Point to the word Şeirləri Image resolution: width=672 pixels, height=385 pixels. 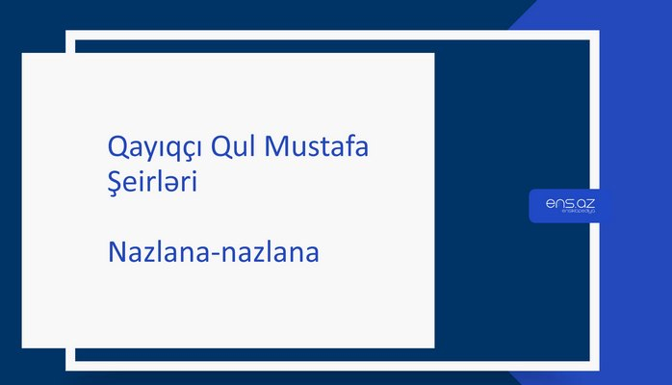click(153, 182)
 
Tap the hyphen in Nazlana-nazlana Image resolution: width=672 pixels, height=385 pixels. click(215, 257)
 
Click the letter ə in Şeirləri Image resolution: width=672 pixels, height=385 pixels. click(176, 184)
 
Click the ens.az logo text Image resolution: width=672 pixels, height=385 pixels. click(569, 203)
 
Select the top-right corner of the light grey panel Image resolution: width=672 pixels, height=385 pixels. click(433, 54)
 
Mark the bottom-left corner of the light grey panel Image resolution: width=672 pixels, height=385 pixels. click(23, 346)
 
